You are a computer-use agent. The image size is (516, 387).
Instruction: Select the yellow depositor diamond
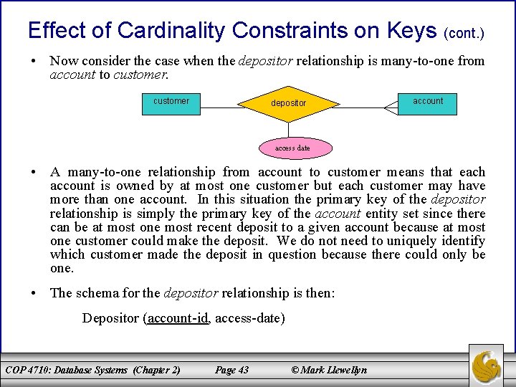[288, 103]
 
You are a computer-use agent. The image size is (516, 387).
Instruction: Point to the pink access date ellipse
[292, 148]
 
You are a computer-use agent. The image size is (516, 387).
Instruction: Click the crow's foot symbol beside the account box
[391, 107]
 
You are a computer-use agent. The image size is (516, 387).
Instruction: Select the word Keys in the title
[411, 30]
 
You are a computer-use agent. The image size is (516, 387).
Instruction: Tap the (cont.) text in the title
[464, 33]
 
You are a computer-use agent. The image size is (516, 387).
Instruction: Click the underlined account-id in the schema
[178, 317]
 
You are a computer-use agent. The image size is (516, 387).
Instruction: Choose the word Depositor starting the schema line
[111, 317]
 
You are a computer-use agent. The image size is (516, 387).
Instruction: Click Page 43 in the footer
[231, 370]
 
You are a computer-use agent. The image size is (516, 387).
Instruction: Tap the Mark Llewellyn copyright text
[329, 370]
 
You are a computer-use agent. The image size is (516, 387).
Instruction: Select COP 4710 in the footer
[32, 370]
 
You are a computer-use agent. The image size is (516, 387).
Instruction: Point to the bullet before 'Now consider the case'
[34, 62]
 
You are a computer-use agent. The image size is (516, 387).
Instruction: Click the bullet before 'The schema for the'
[34, 292]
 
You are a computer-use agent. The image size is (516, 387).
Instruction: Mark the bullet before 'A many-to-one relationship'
[34, 172]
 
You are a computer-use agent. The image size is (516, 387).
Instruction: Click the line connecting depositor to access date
[288, 130]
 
